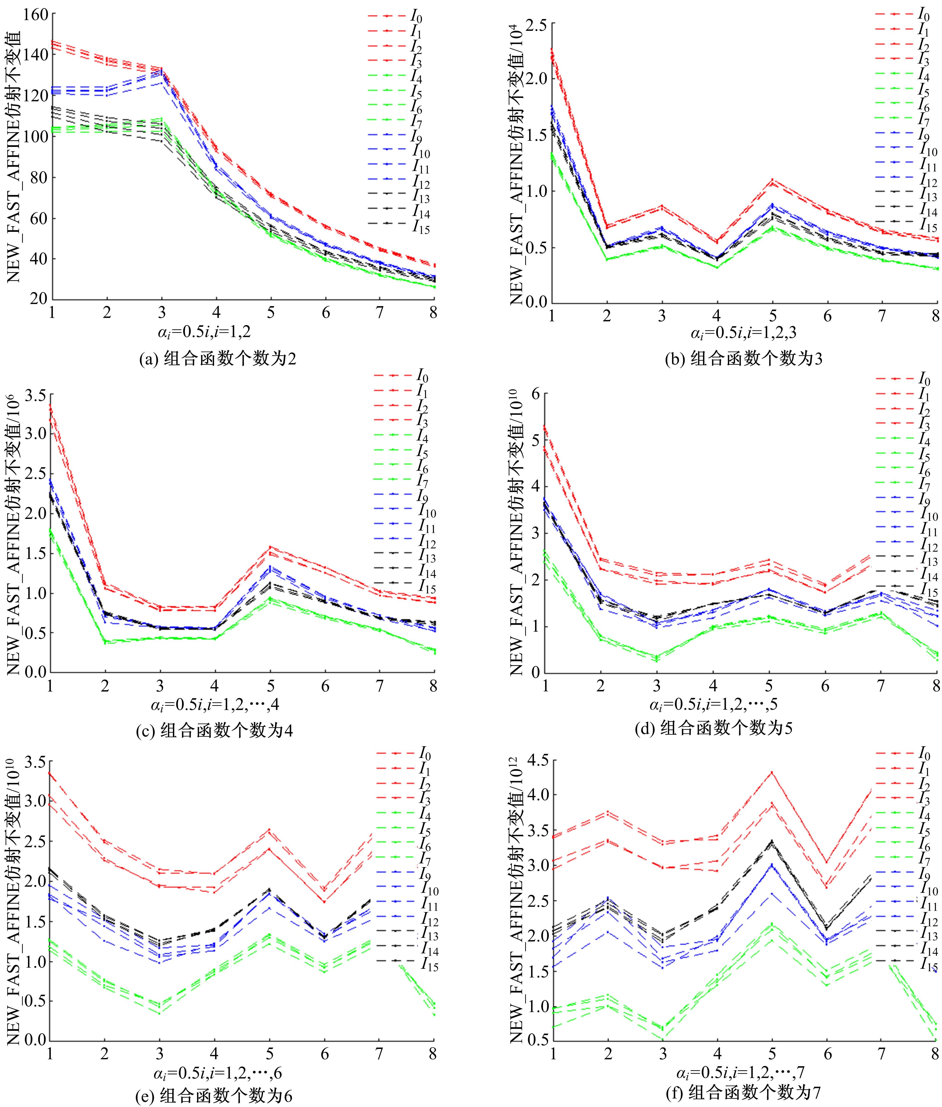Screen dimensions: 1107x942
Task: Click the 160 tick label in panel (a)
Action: [x=35, y=14]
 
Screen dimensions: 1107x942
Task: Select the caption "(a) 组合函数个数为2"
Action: [x=217, y=358]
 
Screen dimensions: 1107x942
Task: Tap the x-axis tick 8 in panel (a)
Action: [x=433, y=312]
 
